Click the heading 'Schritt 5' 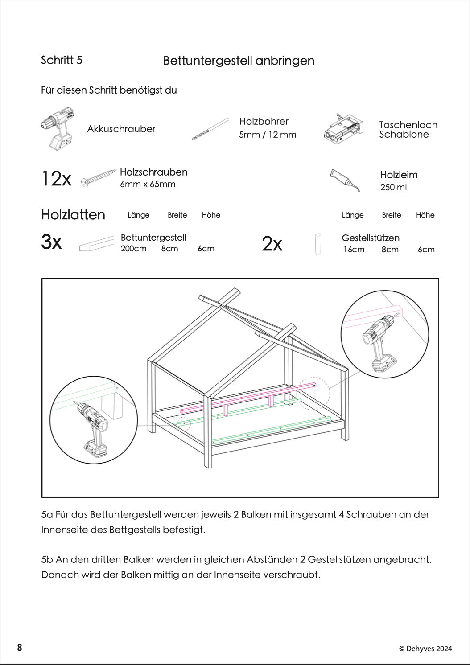(62, 60)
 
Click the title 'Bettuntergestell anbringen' (239, 61)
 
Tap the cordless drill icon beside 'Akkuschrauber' (58, 129)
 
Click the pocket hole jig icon (342, 128)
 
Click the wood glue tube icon (345, 180)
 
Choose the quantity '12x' (56, 179)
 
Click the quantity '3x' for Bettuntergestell (51, 242)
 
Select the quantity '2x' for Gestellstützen (272, 244)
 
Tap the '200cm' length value (133, 249)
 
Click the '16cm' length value (354, 250)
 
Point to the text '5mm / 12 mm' (268, 135)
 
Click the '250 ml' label (393, 187)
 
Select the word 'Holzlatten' (73, 214)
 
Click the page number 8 (20, 648)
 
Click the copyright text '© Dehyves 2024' (425, 649)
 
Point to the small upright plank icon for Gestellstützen (318, 244)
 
